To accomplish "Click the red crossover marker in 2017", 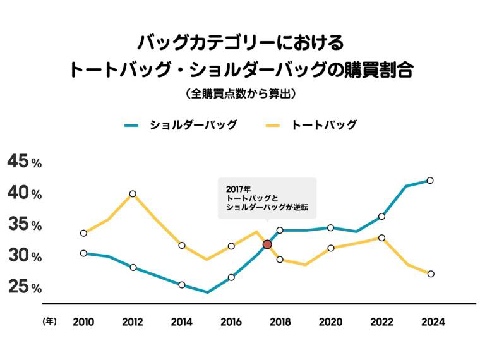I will (x=267, y=244).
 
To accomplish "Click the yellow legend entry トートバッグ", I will (x=323, y=125).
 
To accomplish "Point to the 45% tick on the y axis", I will (x=24, y=162).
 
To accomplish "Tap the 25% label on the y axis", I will (x=24, y=288).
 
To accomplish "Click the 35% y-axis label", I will (x=24, y=225).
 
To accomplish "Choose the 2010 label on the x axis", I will (x=83, y=322).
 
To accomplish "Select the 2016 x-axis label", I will (x=231, y=322).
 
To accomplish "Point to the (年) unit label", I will (x=49, y=321).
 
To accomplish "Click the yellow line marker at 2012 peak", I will (x=133, y=194).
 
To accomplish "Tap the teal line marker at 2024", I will (x=430, y=181).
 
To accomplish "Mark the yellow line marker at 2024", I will (x=430, y=273).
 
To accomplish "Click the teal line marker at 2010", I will (x=83, y=253).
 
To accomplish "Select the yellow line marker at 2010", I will (x=83, y=233).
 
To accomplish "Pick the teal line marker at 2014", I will (x=182, y=285).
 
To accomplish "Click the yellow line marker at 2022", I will (x=381, y=238).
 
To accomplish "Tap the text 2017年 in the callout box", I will (x=238, y=188).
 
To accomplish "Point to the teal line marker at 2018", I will (x=280, y=230).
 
